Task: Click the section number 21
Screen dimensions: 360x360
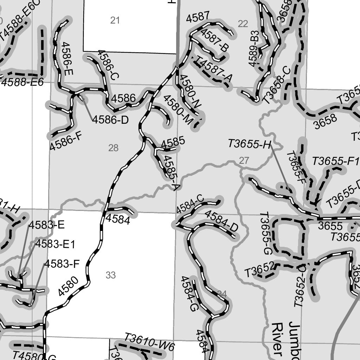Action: pos(115,20)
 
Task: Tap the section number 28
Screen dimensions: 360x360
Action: pos(113,148)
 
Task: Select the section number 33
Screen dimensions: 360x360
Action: pos(111,275)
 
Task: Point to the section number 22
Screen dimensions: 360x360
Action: pos(243,24)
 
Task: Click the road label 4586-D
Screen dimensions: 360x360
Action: pos(110,120)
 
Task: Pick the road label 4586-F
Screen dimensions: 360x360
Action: pos(66,141)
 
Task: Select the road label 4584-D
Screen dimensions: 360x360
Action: pos(221,221)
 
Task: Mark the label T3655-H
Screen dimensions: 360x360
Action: pos(250,144)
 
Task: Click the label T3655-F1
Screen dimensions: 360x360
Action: pos(335,161)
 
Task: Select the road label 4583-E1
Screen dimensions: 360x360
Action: pos(55,244)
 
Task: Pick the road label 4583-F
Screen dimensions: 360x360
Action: pos(62,263)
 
